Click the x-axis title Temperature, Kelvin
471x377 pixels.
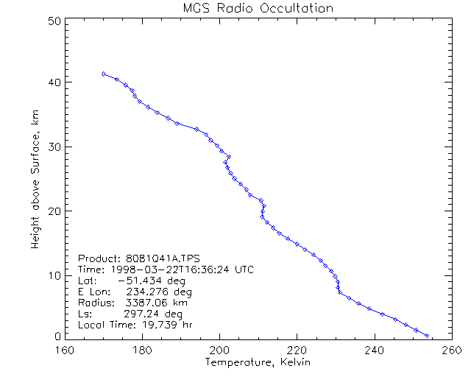click(258, 362)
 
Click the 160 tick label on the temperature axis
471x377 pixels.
click(66, 350)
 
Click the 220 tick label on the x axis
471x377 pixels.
click(297, 350)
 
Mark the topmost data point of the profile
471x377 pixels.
click(104, 74)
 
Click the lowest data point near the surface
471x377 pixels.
click(427, 335)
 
